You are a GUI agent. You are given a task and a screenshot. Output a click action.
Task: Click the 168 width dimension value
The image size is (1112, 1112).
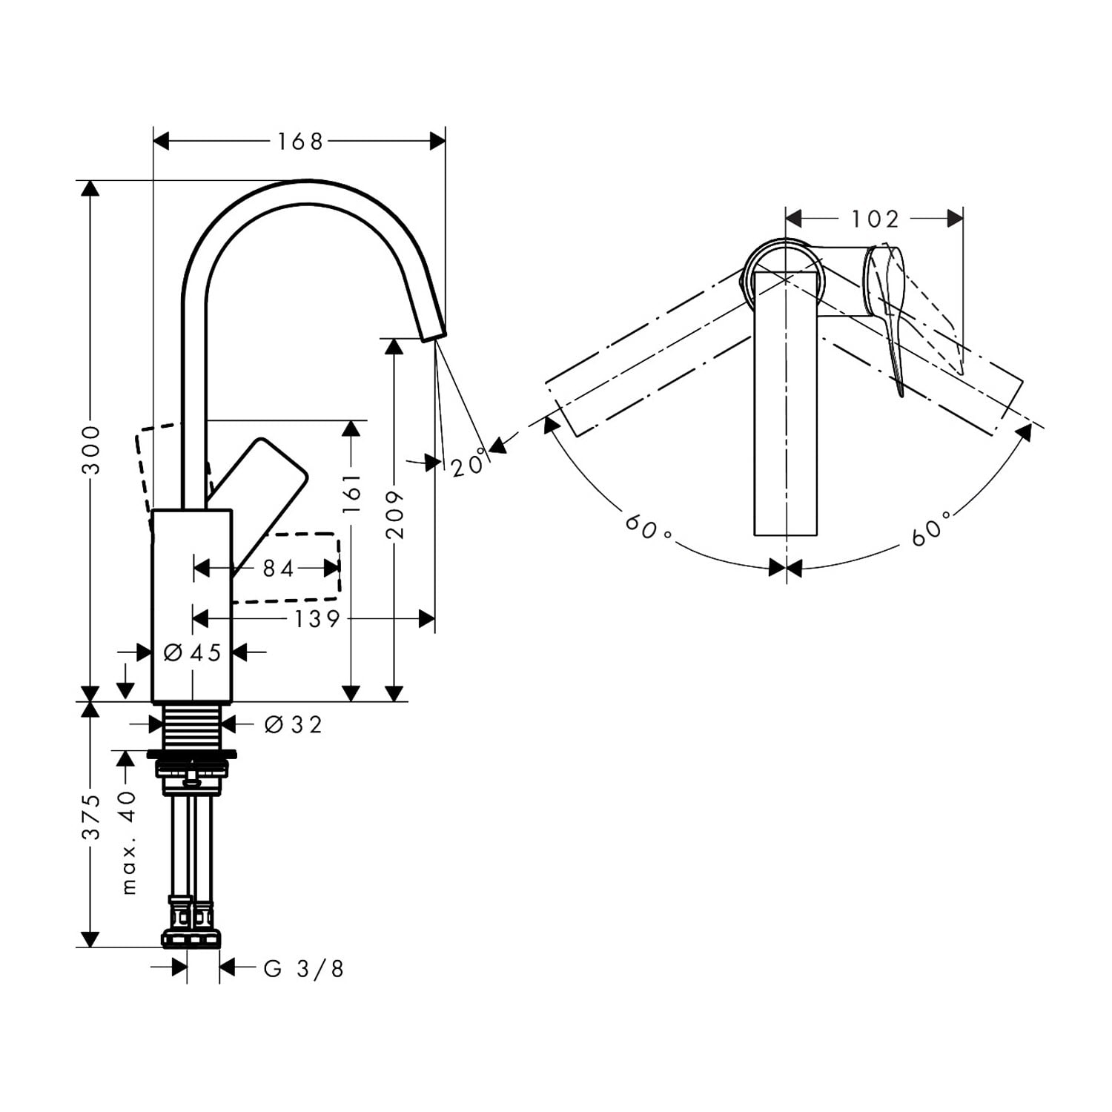(x=300, y=141)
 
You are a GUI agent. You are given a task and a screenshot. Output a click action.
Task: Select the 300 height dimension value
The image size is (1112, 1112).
(x=90, y=449)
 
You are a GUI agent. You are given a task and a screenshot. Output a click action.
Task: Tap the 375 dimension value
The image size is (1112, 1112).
(x=90, y=816)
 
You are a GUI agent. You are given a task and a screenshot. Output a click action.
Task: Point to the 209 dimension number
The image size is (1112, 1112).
(x=394, y=513)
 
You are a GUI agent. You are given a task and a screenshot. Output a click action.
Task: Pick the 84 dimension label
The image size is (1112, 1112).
(x=279, y=569)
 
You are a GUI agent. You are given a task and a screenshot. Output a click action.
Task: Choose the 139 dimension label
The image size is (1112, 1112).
(x=317, y=618)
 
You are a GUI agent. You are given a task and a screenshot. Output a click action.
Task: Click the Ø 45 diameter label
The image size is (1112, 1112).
(x=192, y=652)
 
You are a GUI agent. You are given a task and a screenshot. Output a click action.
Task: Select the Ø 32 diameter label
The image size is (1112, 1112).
(x=294, y=724)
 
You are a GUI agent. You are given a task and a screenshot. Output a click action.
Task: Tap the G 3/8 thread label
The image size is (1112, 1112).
(x=304, y=968)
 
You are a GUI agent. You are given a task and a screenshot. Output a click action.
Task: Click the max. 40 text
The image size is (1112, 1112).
(x=129, y=842)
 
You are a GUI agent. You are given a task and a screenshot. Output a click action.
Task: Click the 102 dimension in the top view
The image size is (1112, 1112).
(x=875, y=219)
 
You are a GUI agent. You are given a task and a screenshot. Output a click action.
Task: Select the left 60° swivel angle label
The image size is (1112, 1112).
(x=647, y=527)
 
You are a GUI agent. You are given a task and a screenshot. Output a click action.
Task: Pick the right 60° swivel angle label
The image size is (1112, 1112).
(x=931, y=528)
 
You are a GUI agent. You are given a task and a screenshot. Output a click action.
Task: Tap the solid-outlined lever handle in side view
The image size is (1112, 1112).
(x=257, y=504)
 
